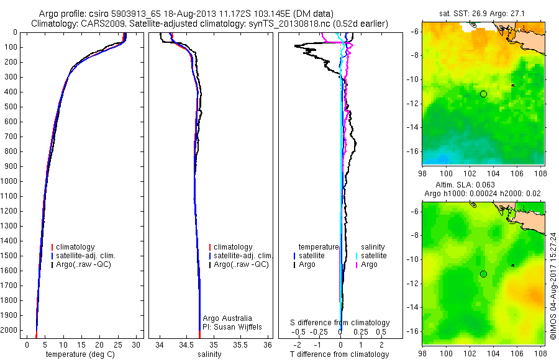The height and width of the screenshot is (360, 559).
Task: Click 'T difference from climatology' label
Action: pyautogui.click(x=340, y=354)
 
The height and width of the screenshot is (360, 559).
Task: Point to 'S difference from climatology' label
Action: pyautogui.click(x=340, y=323)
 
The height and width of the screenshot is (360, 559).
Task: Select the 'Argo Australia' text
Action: pyautogui.click(x=228, y=318)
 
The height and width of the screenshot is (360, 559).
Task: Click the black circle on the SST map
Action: pyautogui.click(x=483, y=94)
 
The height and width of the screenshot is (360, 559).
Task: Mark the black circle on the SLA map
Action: pyautogui.click(x=483, y=274)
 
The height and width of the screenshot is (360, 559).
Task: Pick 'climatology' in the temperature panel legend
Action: pyautogui.click(x=76, y=247)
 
